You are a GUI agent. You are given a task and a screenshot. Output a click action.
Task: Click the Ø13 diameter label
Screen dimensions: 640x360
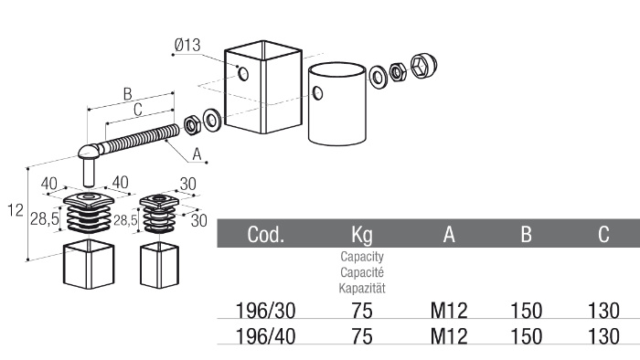click(187, 45)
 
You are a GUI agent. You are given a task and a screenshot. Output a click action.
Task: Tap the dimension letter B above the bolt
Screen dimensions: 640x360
click(128, 94)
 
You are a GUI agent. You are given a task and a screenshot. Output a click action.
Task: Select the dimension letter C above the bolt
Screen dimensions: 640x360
click(138, 110)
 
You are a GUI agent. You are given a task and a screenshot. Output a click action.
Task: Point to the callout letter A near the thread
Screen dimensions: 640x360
click(197, 154)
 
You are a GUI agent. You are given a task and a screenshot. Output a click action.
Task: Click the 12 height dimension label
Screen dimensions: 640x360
click(16, 210)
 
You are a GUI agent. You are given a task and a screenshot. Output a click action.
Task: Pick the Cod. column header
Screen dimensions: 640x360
click(266, 234)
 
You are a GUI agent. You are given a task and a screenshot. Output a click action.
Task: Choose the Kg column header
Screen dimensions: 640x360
click(362, 235)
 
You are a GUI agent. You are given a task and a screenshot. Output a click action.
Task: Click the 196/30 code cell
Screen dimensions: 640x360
click(266, 311)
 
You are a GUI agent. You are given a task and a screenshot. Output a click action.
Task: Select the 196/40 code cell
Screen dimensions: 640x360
click(266, 337)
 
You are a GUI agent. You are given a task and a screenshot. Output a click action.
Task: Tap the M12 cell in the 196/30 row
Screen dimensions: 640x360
click(449, 311)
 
